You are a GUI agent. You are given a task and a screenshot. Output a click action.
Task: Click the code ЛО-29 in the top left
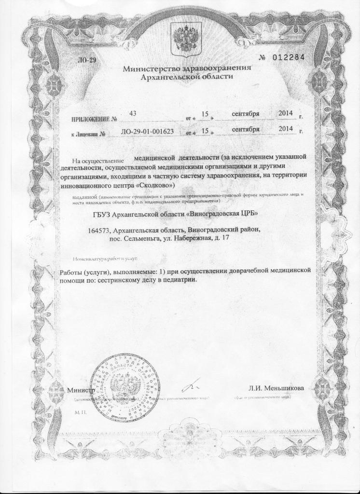click(87, 59)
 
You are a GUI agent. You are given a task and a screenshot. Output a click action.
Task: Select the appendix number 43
click(134, 113)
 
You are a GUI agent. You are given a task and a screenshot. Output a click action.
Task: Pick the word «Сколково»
click(156, 185)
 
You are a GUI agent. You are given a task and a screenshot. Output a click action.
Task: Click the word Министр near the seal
click(80, 389)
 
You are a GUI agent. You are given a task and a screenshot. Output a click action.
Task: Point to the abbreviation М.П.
click(80, 413)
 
